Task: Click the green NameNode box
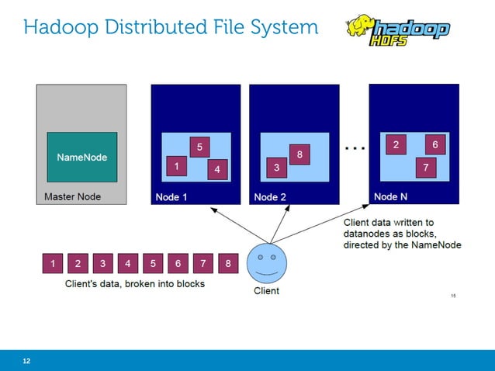click(81, 157)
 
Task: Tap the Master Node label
click(72, 197)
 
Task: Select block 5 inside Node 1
click(199, 146)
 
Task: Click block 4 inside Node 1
click(217, 168)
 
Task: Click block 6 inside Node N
click(435, 144)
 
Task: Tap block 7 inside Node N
click(424, 167)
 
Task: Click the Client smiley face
click(266, 264)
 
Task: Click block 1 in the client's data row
click(53, 264)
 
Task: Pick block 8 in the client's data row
click(228, 264)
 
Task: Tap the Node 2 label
click(270, 197)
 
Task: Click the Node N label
click(390, 197)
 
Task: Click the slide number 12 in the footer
click(27, 361)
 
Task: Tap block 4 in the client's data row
click(128, 264)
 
